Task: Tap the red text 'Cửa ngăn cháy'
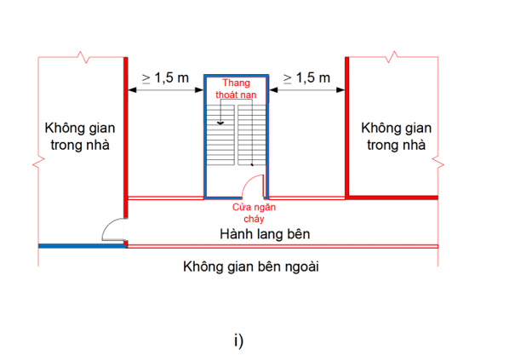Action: click(x=255, y=212)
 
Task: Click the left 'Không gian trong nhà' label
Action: click(x=78, y=136)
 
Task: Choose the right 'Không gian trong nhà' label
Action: click(x=395, y=136)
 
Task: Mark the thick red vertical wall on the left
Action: click(x=126, y=128)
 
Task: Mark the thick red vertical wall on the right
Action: click(x=347, y=128)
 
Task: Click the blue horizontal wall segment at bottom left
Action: click(x=81, y=245)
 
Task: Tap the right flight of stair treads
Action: click(x=252, y=136)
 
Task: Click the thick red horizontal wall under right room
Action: click(x=392, y=197)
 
